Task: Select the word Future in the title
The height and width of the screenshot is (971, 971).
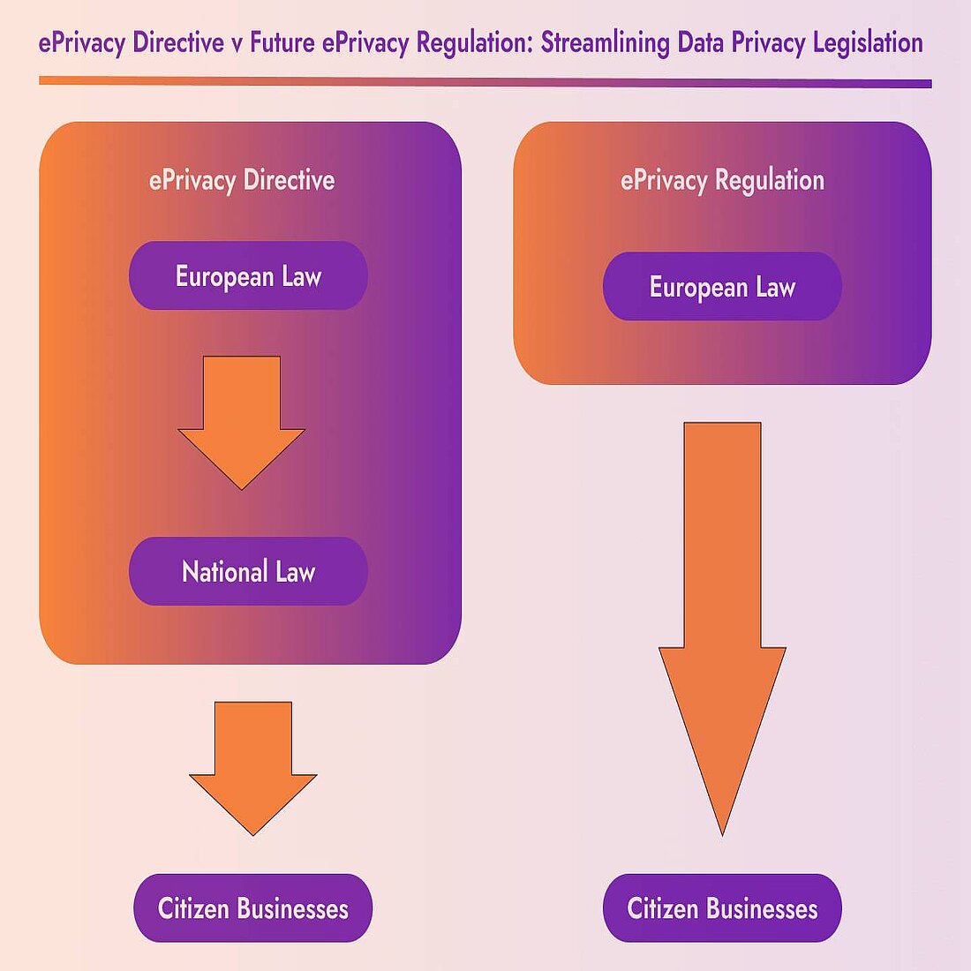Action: [282, 42]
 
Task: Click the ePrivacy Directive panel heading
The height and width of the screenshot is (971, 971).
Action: [242, 180]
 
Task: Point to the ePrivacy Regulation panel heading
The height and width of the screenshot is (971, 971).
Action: [722, 180]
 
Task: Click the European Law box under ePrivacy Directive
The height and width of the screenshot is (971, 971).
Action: [248, 275]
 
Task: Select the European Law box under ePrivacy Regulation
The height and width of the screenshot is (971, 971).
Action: [722, 287]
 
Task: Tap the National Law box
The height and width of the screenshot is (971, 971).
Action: [248, 571]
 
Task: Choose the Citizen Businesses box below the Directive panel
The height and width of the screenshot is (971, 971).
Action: [253, 908]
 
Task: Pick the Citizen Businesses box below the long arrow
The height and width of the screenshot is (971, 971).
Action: [722, 908]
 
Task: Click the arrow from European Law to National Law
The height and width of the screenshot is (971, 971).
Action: [242, 415]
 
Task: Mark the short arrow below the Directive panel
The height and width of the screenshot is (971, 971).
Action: [253, 759]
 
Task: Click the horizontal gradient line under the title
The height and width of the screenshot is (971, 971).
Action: [485, 82]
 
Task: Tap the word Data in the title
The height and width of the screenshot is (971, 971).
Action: [701, 42]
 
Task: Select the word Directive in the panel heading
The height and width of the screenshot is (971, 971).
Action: [289, 180]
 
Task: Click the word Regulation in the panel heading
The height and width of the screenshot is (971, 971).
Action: [770, 180]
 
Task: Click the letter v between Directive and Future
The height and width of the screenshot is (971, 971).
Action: [237, 43]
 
